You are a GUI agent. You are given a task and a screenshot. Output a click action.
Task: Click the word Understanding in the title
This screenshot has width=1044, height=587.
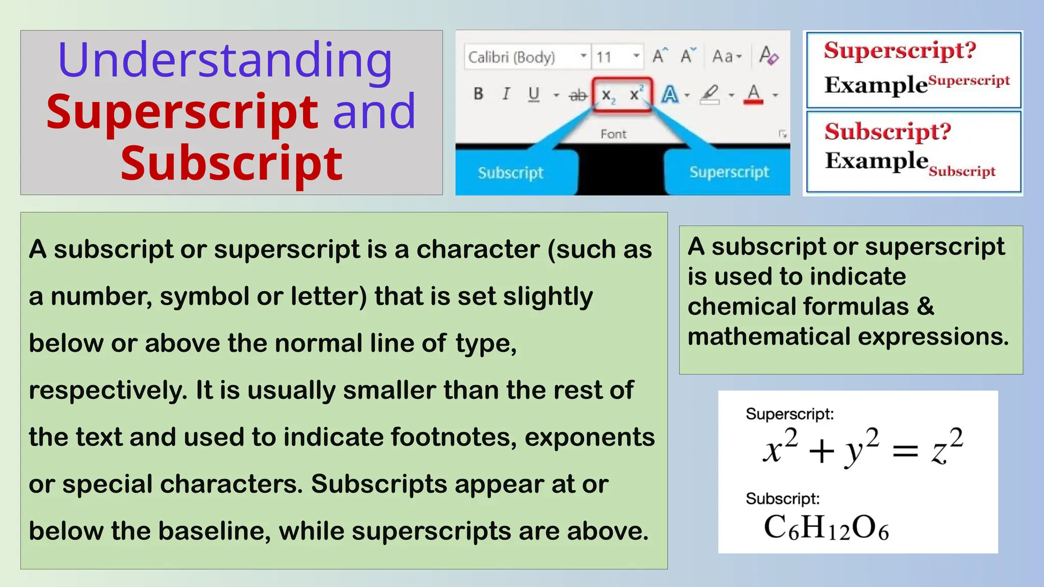(225, 60)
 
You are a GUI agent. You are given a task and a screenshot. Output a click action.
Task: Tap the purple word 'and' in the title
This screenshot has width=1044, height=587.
(374, 111)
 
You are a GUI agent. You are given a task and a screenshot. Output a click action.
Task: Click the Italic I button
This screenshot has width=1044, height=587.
(506, 94)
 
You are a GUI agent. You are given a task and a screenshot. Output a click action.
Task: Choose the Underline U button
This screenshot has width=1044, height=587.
(533, 94)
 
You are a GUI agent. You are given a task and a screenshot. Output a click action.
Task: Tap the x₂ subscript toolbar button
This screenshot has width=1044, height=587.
(608, 95)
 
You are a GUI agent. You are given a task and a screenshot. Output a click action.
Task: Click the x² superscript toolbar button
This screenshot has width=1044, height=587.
(636, 94)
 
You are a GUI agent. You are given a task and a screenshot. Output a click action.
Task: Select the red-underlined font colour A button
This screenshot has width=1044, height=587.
(753, 94)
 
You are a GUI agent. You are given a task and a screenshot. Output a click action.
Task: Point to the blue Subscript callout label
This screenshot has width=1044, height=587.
(510, 173)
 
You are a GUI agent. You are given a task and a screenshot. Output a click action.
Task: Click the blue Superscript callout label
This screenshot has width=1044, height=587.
(729, 172)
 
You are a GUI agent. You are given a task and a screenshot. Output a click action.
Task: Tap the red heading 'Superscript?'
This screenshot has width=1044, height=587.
(900, 50)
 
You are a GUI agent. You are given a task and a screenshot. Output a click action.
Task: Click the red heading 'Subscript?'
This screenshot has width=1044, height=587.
(888, 131)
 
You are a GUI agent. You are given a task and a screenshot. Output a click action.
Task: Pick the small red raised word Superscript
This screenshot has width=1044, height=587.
(969, 81)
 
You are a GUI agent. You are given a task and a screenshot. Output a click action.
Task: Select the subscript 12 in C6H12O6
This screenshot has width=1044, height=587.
(839, 533)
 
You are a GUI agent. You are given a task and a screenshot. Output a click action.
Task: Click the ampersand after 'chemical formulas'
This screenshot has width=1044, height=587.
(925, 307)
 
